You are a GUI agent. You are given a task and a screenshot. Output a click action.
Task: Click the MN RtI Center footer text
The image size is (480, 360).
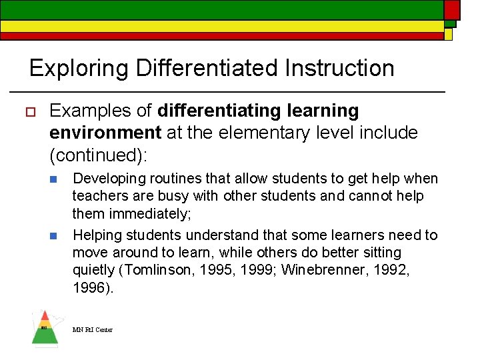93,330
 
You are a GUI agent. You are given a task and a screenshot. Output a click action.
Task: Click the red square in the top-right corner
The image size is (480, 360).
452,9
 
